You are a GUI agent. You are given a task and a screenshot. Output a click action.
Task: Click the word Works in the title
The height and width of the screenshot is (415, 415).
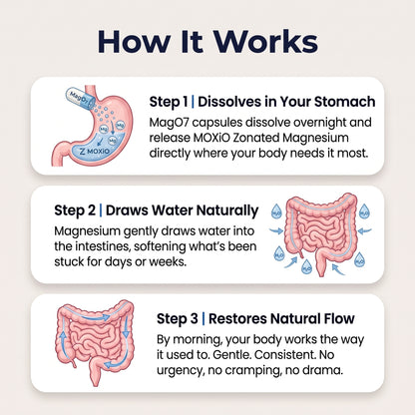265,42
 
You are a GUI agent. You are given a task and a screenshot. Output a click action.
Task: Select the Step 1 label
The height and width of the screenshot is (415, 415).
169,102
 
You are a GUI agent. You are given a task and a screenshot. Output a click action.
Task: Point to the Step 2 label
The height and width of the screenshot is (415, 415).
75,210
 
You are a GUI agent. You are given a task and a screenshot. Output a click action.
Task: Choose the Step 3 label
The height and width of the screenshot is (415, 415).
178,318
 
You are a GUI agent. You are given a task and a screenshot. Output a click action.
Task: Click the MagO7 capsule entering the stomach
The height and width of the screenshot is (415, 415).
80,97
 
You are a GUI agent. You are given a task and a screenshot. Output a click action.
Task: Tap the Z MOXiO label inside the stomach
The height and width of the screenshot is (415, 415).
95,151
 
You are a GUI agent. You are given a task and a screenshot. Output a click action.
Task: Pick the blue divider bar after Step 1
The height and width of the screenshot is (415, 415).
193,102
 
